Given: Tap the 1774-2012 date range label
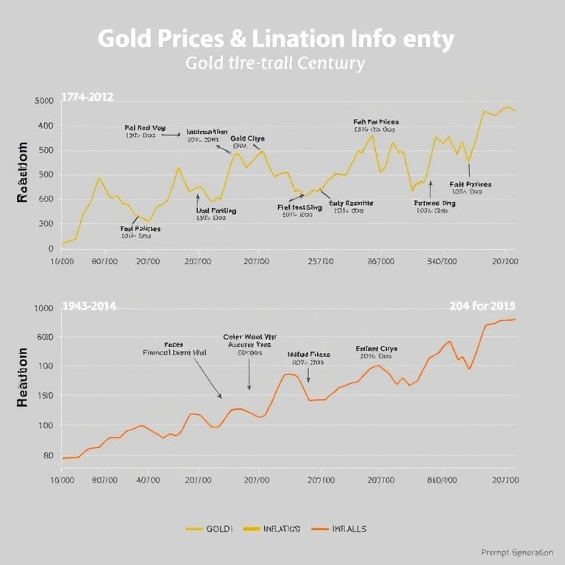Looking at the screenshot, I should (87, 96).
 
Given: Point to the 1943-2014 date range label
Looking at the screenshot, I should (89, 305).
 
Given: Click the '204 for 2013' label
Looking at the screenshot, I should (482, 305).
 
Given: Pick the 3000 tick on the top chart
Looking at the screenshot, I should (44, 101).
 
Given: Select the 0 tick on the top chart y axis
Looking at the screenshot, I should (49, 249).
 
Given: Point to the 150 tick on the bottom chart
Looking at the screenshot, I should (45, 397).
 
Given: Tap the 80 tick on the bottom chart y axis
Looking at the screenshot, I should (48, 455).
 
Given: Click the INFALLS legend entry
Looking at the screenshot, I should (349, 528).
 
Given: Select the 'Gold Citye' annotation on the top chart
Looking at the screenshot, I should (247, 138).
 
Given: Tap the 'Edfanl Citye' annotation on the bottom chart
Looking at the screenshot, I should (377, 348).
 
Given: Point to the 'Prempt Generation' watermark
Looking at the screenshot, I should (516, 552).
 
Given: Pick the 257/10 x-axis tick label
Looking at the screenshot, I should (320, 261).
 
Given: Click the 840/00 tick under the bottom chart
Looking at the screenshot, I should (441, 480).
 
